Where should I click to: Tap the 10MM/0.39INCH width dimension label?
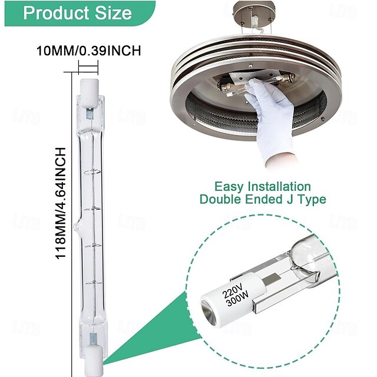pyautogui.click(x=88, y=51)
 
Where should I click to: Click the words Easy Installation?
pyautogui.click(x=262, y=187)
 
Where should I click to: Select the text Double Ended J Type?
pyautogui.click(x=263, y=200)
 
